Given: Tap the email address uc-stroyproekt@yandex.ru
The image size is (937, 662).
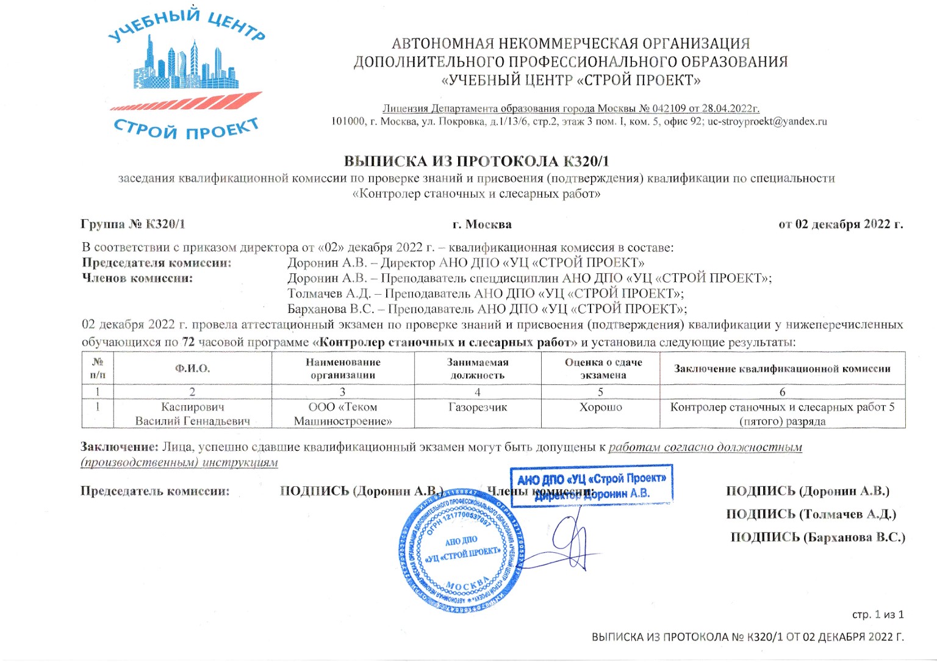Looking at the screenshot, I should click(767, 121).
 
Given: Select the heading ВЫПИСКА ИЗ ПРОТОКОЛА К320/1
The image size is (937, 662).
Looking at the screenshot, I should click(476, 161).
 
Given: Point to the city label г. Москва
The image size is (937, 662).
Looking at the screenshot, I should click(482, 225).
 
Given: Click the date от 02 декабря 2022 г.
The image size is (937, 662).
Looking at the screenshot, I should click(841, 224).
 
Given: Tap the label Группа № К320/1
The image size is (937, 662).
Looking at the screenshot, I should click(132, 224).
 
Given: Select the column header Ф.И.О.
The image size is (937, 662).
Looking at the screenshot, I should click(192, 369).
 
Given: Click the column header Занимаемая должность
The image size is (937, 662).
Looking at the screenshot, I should click(477, 369).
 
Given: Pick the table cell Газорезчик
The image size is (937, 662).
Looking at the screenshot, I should click(477, 407).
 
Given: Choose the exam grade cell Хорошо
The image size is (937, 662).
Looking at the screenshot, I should click(600, 407).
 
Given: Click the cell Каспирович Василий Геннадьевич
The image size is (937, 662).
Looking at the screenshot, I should click(192, 414).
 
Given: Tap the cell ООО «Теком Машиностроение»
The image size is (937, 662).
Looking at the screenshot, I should click(342, 414).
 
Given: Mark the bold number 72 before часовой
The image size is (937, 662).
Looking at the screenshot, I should click(188, 342).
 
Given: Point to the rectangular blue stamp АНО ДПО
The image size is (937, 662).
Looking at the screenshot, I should click(591, 486).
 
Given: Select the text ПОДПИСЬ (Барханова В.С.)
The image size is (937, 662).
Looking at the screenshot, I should click(817, 538).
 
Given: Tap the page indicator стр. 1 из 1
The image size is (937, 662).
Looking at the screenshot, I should click(878, 614).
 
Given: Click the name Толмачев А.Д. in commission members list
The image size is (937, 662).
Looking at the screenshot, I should click(329, 293).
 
